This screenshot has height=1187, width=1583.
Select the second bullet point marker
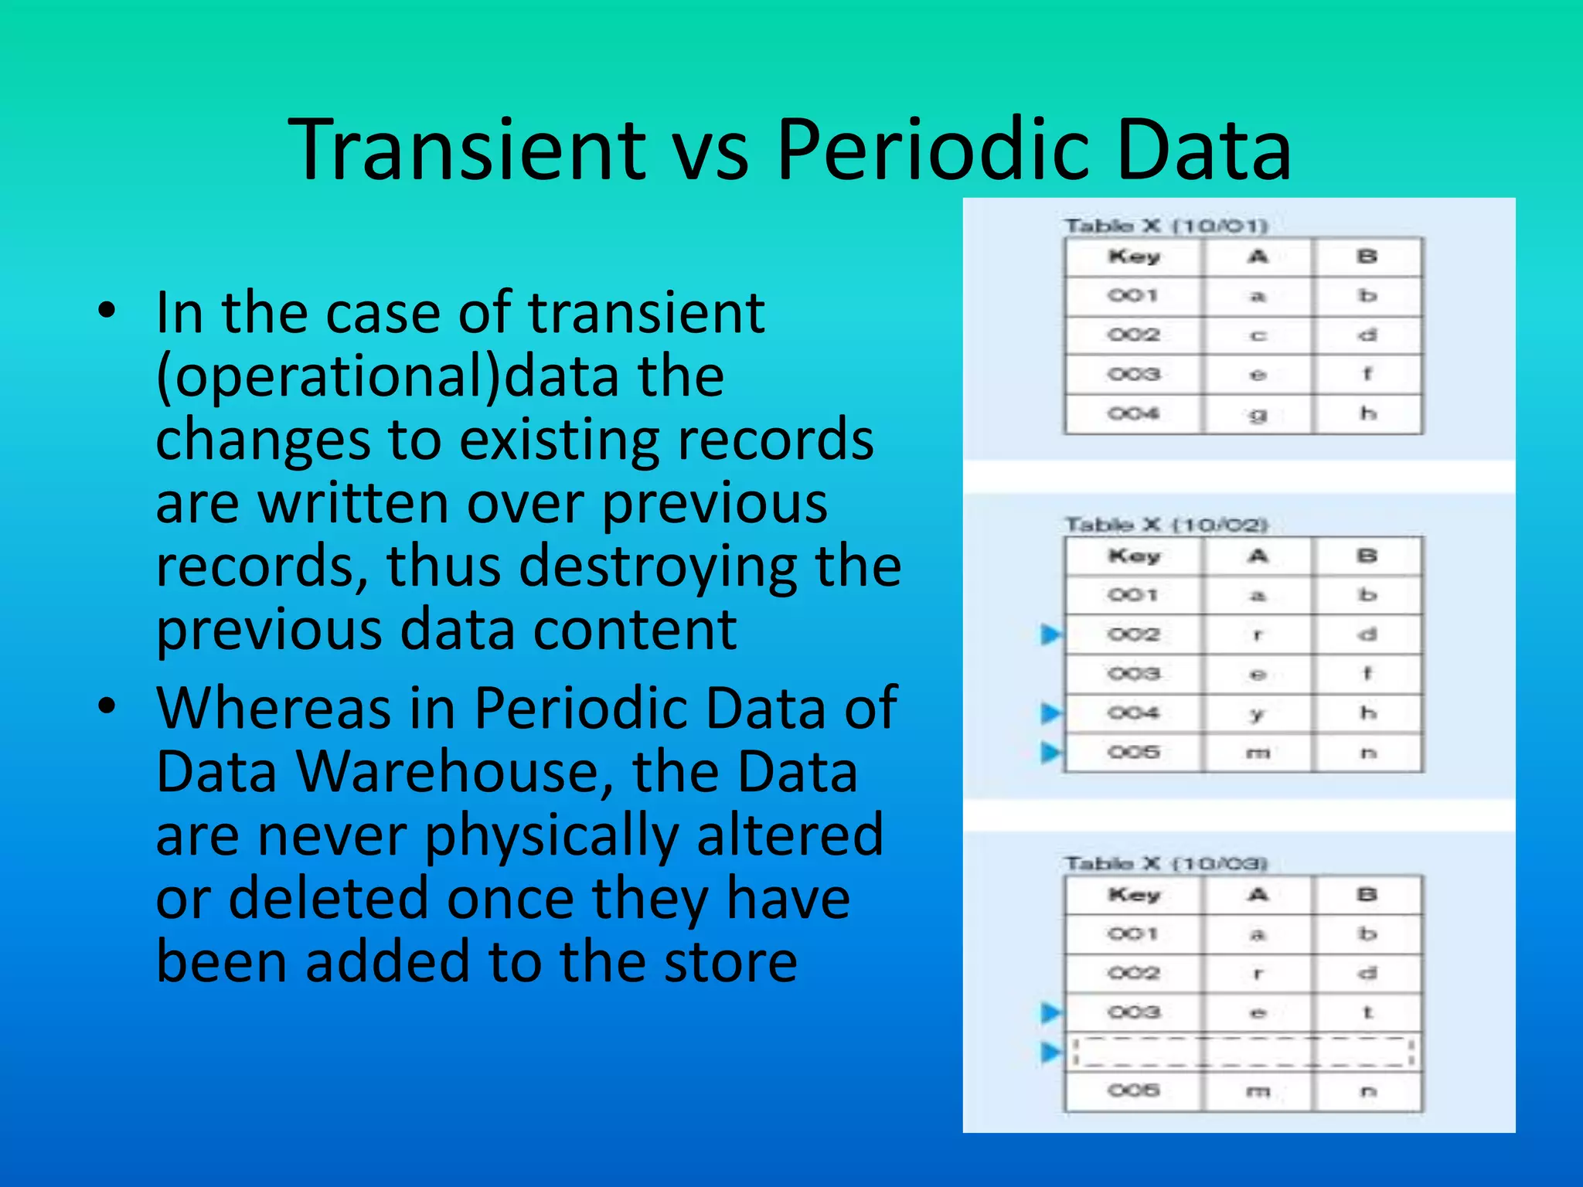point(107,706)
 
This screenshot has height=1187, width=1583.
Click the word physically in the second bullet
point(551,835)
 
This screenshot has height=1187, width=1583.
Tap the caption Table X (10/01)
point(1166,226)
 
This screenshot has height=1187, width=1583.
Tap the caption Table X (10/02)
point(1166,525)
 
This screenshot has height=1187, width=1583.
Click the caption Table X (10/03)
point(1166,863)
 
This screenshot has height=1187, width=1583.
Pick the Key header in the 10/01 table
point(1134,257)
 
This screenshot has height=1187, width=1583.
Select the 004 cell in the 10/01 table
point(1134,413)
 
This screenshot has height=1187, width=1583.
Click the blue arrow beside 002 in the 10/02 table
point(1050,634)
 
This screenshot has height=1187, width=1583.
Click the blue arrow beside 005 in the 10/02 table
point(1050,751)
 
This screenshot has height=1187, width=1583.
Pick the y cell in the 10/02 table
point(1258,713)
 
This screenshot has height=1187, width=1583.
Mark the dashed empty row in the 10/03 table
point(1243,1052)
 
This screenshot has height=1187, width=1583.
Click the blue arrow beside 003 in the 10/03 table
point(1050,1012)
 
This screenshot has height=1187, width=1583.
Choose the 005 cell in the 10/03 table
point(1134,1090)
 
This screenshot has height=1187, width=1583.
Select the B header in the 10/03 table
point(1367,894)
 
